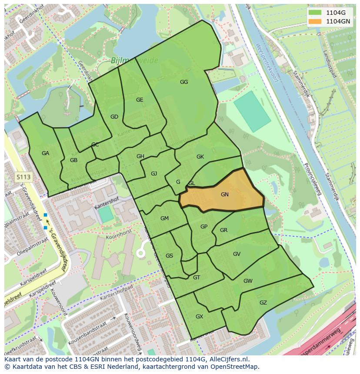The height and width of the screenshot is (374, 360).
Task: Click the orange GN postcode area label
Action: (x=224, y=195)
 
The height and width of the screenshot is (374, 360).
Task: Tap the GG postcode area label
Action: (x=184, y=82)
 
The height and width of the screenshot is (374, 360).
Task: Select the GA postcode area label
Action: (x=46, y=153)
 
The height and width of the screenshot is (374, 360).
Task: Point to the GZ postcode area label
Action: (x=263, y=303)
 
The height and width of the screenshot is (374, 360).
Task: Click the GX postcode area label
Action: (x=199, y=317)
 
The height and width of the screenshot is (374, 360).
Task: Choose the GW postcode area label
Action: (x=248, y=281)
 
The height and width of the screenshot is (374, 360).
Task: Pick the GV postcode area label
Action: (x=237, y=254)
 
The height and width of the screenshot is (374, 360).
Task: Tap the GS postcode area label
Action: (x=169, y=256)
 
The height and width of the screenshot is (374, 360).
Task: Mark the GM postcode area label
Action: (x=164, y=218)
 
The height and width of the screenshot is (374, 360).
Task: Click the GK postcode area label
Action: (x=200, y=157)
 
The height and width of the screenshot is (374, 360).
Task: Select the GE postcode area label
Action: (x=140, y=100)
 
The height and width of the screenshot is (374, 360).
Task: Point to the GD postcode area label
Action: (x=114, y=117)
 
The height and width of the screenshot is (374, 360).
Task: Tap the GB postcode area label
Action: (x=73, y=160)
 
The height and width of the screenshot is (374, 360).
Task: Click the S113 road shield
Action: (x=23, y=177)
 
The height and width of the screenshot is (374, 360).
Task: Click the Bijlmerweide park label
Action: (x=128, y=61)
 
